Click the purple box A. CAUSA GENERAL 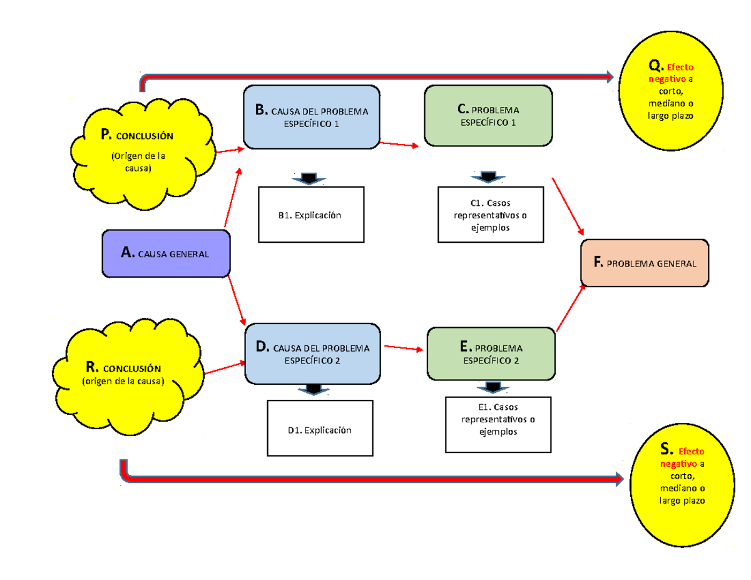click(166, 253)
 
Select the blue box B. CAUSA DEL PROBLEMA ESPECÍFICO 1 click(312, 118)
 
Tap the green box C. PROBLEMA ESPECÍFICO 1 click(488, 116)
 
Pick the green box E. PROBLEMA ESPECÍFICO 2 click(491, 354)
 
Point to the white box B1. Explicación click(311, 215)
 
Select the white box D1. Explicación click(320, 429)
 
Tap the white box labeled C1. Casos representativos click(490, 215)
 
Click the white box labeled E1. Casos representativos click(498, 424)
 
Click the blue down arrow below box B click(309, 179)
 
